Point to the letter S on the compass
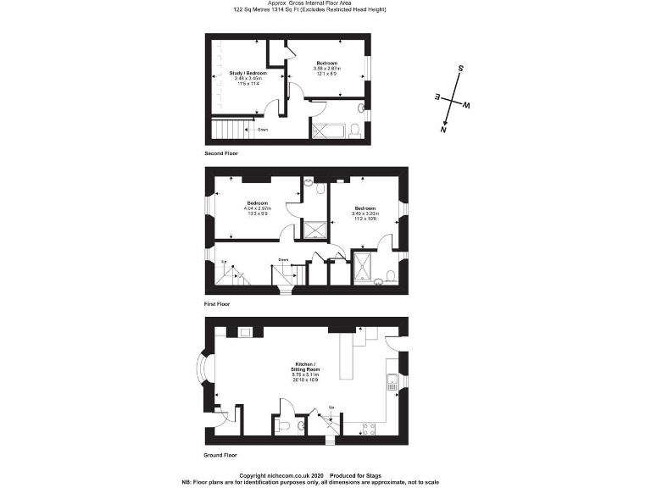pyautogui.click(x=460, y=68)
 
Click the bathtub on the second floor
pyautogui.click(x=329, y=130)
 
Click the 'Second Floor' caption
pyautogui.click(x=221, y=153)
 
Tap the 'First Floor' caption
pyautogui.click(x=217, y=303)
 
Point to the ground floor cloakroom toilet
pyautogui.click(x=286, y=425)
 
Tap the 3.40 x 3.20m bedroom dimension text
pyautogui.click(x=365, y=213)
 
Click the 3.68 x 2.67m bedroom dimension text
pyautogui.click(x=328, y=69)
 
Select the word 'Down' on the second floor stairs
pyautogui.click(x=263, y=130)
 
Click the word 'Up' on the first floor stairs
pyautogui.click(x=224, y=263)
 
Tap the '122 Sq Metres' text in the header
pyautogui.click(x=252, y=9)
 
